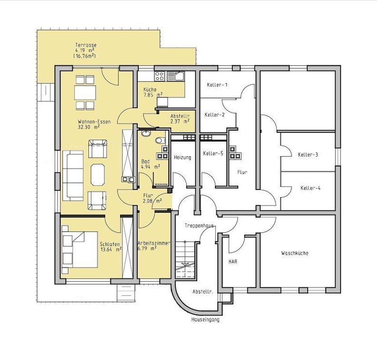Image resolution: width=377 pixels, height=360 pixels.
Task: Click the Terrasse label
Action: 86,45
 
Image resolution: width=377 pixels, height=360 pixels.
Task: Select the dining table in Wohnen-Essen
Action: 85,93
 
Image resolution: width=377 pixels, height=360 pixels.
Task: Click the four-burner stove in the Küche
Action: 160,76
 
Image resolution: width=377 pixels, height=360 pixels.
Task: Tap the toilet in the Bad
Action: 160,140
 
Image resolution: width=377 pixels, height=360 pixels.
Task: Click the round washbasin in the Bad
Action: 146,133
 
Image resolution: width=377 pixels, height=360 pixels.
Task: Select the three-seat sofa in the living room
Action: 73,176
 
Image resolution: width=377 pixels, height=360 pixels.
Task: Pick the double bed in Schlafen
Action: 79,249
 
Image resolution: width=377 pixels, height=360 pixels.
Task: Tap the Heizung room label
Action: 183,158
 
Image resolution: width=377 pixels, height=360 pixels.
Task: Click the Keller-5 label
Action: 213,153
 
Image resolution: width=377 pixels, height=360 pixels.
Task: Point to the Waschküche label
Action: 295,253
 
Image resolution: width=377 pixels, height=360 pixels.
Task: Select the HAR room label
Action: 233,261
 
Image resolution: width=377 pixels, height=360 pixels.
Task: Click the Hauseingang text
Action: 205,320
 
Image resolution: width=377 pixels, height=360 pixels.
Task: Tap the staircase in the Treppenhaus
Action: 184,260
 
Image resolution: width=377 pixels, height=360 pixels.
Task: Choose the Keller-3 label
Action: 308,155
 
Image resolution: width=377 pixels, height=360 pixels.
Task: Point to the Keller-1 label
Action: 217,85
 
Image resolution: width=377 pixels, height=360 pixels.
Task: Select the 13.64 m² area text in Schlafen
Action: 111,249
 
